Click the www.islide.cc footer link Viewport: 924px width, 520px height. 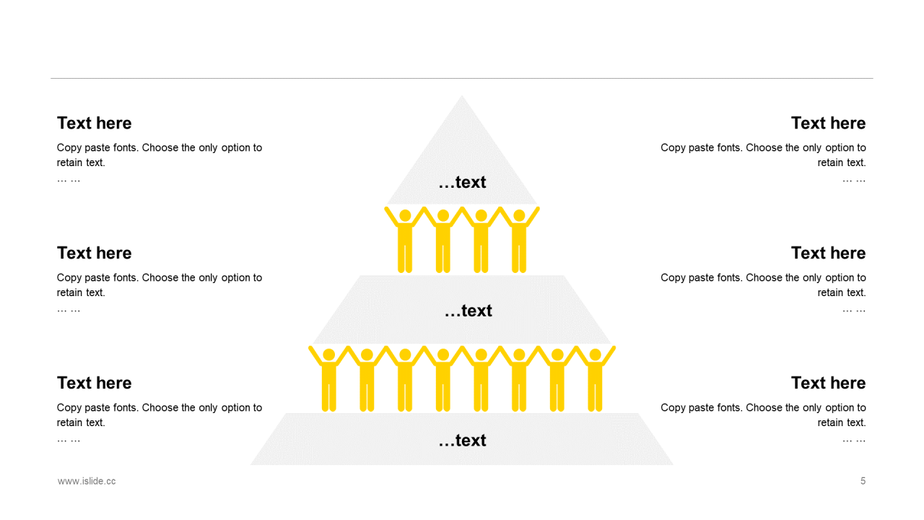coord(87,481)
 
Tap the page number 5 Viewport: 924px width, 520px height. coord(863,481)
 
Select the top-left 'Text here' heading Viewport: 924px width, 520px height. coord(95,123)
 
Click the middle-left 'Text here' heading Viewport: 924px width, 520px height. coord(95,253)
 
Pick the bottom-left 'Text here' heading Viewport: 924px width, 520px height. coord(95,383)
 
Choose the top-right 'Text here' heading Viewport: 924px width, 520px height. coord(828,123)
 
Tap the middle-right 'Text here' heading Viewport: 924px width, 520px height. coord(828,253)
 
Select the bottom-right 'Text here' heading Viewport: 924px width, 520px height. coord(828,383)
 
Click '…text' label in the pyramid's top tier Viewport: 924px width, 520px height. coord(462,183)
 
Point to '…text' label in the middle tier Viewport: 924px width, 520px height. coord(468,311)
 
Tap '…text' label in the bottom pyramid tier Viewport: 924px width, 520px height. coord(462,441)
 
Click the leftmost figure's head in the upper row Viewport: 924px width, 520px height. coord(405,215)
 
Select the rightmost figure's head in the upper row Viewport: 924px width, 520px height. coord(519,215)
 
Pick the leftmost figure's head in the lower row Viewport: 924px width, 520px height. coord(329,355)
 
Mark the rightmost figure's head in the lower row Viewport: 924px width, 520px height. coord(595,355)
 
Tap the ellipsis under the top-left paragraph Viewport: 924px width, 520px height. coord(69,179)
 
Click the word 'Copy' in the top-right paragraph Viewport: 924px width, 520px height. coord(673,148)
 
